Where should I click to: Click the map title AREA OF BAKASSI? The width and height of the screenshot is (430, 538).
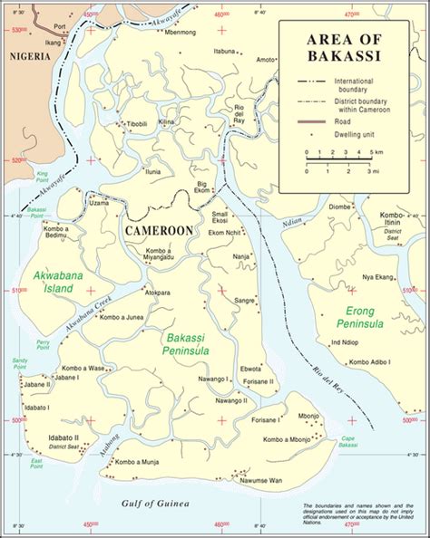point(350,47)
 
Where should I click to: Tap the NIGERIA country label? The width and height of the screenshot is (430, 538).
point(26,55)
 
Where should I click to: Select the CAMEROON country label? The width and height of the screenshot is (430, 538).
point(159,231)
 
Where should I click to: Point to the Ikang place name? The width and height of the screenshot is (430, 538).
point(55,42)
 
